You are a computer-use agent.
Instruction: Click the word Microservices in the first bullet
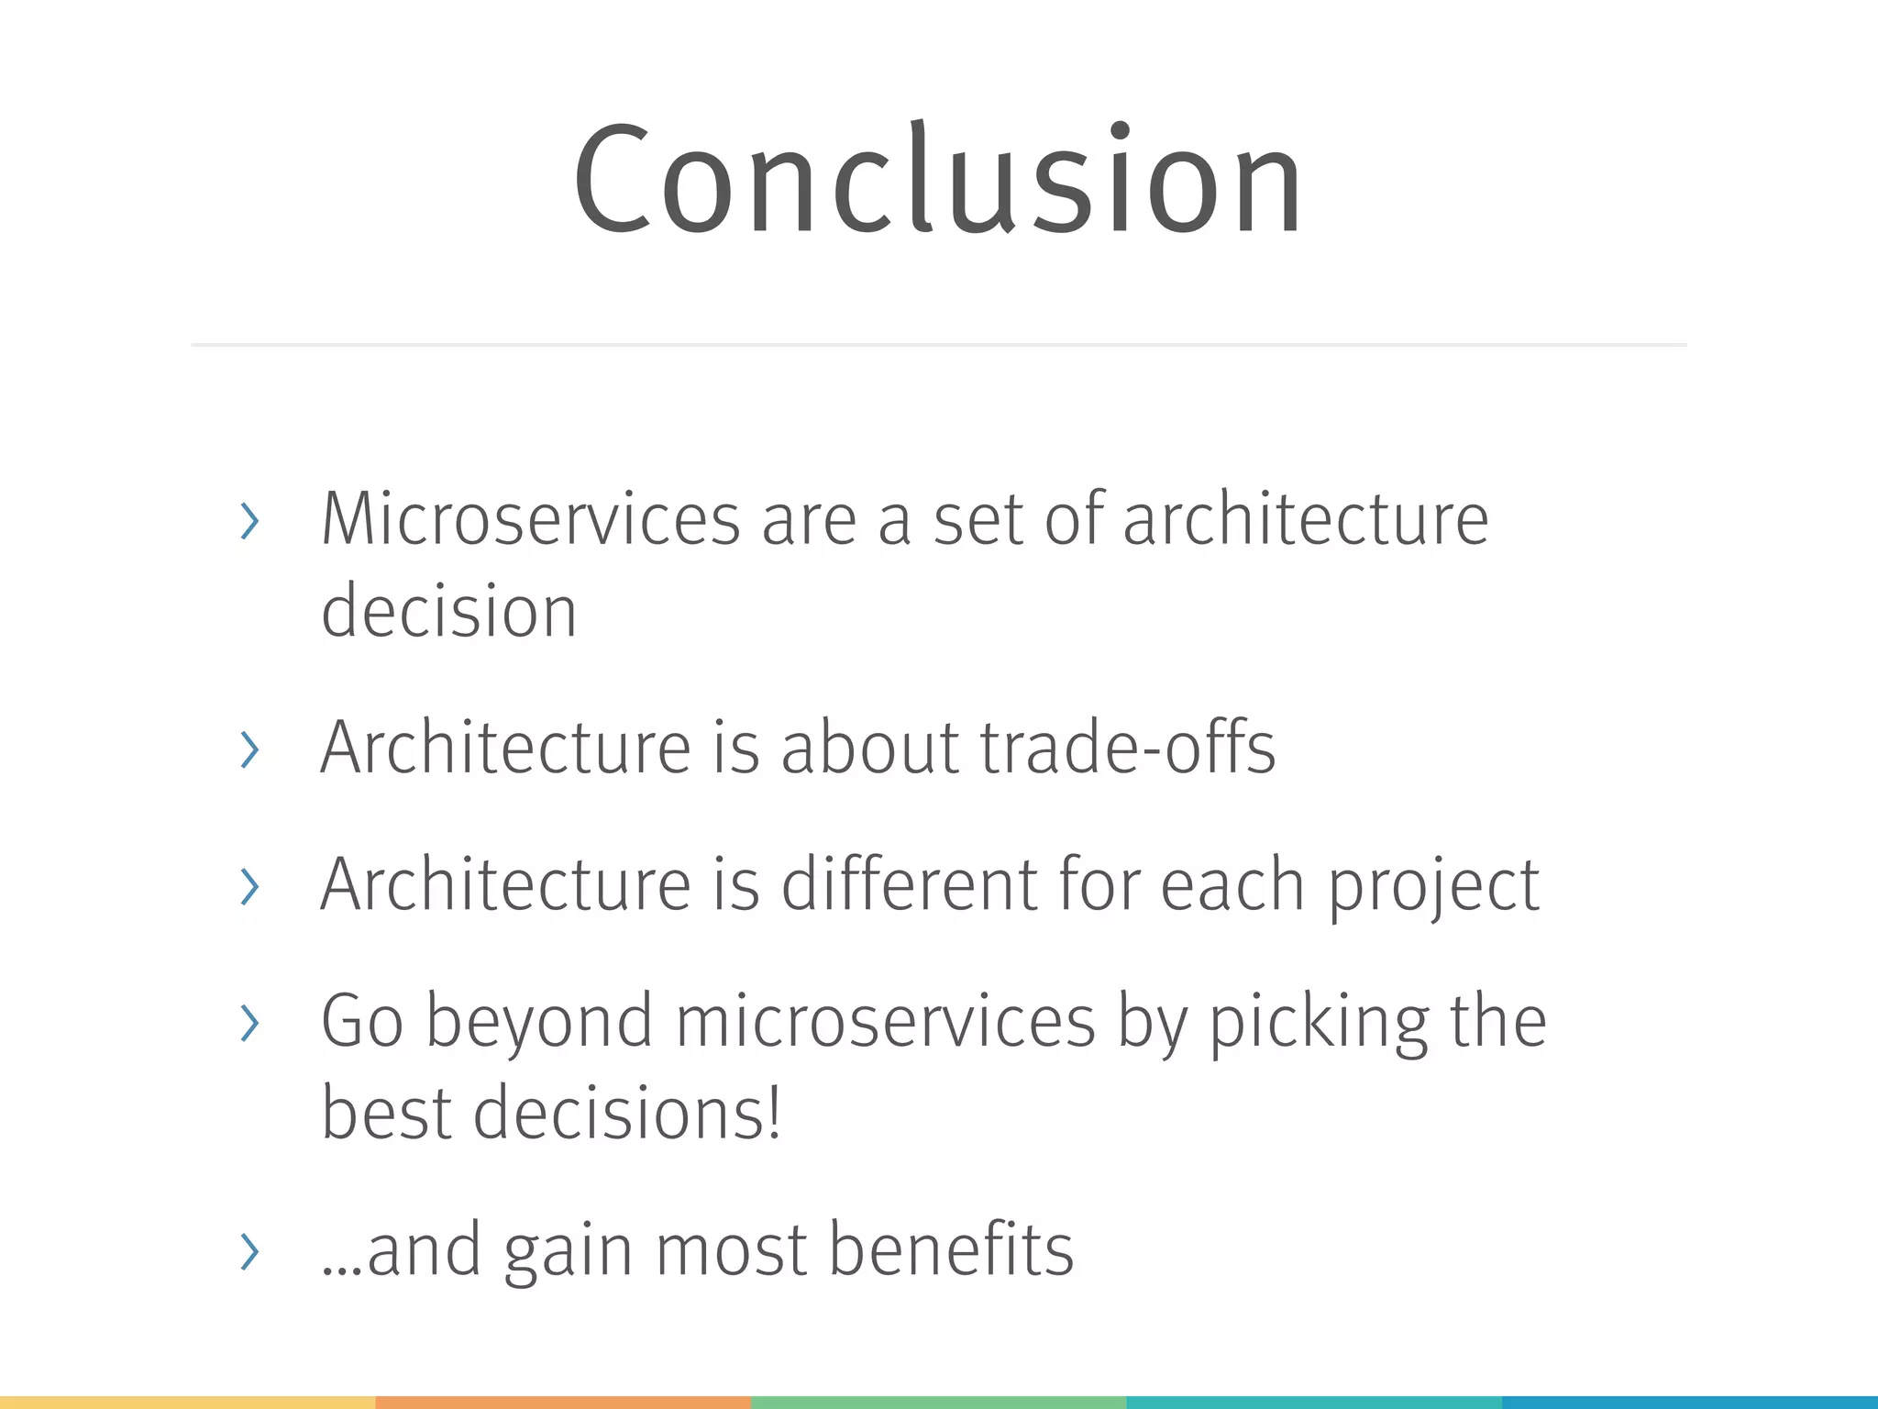[530, 519]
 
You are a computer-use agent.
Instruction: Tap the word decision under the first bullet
[448, 611]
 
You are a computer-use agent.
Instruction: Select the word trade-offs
[1127, 748]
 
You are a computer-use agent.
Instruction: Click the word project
[1433, 886]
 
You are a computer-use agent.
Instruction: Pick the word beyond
[539, 1022]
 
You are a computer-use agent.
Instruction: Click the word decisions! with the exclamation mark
[627, 1113]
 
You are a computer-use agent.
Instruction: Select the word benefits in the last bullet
[950, 1249]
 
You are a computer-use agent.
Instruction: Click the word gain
[567, 1251]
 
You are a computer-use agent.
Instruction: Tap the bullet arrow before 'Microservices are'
[249, 521]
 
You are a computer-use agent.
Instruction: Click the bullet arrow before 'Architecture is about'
[249, 749]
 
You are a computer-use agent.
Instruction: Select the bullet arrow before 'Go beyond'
[249, 1023]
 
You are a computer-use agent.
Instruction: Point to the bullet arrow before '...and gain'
[249, 1251]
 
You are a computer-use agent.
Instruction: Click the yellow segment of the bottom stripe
[187, 1403]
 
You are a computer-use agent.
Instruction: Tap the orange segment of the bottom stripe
[563, 1403]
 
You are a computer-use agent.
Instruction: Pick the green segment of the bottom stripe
[938, 1403]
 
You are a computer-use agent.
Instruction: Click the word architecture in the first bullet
[1305, 519]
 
